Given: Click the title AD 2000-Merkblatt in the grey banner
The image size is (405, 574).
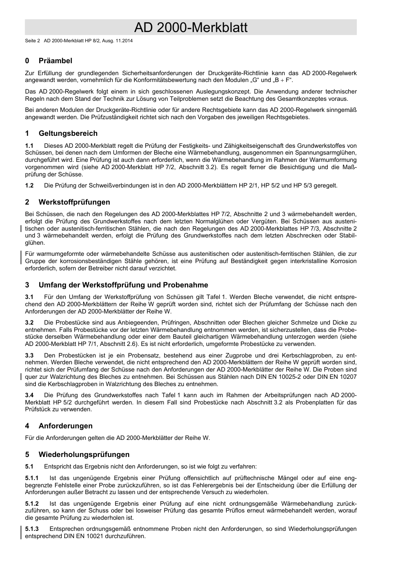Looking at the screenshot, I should [191, 28].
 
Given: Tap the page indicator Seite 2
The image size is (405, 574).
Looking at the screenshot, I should [32, 41].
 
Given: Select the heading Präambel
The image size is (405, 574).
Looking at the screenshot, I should [55, 61].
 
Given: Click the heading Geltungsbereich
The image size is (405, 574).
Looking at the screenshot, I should [68, 133].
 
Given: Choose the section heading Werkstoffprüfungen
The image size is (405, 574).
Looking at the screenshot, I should [74, 202].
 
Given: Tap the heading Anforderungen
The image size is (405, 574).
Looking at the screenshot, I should [65, 426].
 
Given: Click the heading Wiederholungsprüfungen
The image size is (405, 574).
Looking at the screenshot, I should [84, 454].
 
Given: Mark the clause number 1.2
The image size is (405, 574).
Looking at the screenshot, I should [29, 185].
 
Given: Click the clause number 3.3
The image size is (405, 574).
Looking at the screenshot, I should [29, 355].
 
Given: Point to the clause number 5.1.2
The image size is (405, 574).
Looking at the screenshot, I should [32, 504].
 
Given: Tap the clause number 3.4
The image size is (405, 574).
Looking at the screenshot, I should [29, 395].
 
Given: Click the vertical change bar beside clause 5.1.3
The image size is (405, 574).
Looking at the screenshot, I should [22, 532].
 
